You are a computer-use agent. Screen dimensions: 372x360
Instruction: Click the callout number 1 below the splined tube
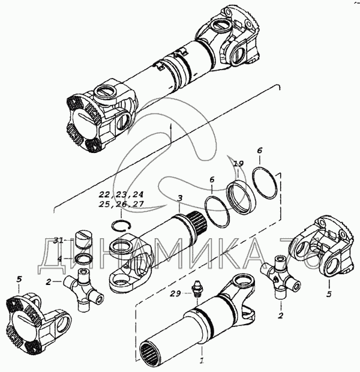(202, 361)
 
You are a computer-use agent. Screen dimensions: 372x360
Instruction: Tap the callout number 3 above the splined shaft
(179, 198)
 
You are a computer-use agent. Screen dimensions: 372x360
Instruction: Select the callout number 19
(238, 163)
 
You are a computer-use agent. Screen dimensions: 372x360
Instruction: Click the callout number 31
(58, 241)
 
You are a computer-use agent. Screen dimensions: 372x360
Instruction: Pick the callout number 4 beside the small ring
(60, 258)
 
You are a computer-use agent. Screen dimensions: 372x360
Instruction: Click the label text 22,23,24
(122, 194)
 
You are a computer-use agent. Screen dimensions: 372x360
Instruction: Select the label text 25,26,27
(122, 205)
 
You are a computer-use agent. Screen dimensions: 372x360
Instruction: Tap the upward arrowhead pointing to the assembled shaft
(171, 125)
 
